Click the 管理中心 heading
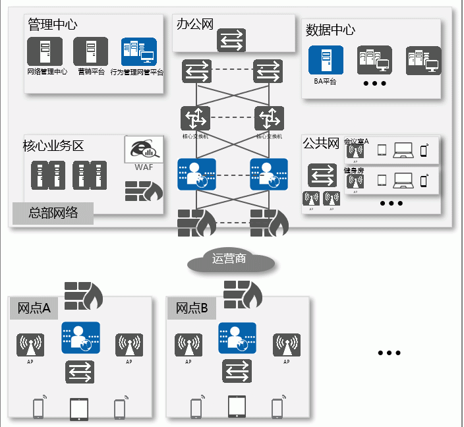click(53, 24)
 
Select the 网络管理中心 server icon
click(45, 51)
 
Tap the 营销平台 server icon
click(90, 51)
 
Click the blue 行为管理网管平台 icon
click(138, 51)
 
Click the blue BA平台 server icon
click(326, 61)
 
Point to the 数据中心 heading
click(331, 30)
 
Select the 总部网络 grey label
click(53, 213)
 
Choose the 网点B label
click(192, 308)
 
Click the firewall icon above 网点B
click(242, 294)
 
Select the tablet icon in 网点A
click(79, 409)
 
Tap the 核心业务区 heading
click(53, 146)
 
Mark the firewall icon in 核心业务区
click(144, 190)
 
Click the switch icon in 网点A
click(80, 372)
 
